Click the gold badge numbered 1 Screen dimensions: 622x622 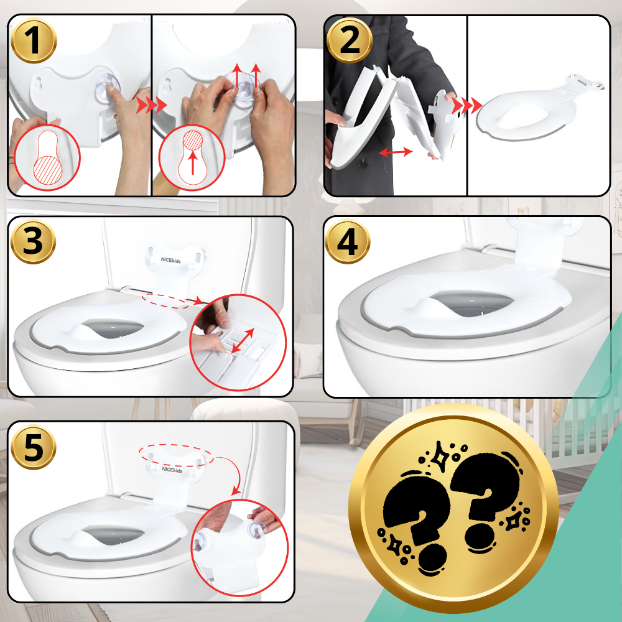34,40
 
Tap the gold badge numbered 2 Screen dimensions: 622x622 349,40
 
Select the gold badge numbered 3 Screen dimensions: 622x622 33,241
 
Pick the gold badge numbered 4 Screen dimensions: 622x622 348,241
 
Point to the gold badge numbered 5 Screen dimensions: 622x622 34,447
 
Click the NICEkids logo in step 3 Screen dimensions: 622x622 170,260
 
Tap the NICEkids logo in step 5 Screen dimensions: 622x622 172,469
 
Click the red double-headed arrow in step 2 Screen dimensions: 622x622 396,152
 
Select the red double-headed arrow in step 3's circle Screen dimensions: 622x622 243,341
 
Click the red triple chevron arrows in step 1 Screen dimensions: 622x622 152,106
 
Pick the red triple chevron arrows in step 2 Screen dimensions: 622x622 467,106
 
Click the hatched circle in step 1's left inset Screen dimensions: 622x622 48,169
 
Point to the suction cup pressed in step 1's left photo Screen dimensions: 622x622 107,87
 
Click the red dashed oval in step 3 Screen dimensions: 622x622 166,300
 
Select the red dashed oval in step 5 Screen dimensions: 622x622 176,455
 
